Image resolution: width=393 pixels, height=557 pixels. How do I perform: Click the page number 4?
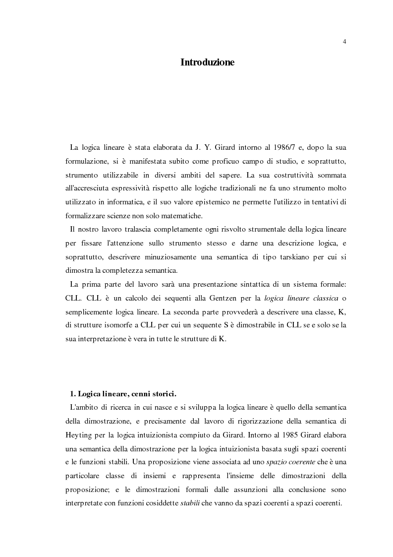(344, 41)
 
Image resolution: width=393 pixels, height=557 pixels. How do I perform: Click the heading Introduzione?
(207, 62)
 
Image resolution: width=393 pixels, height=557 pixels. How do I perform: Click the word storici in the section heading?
(161, 393)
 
